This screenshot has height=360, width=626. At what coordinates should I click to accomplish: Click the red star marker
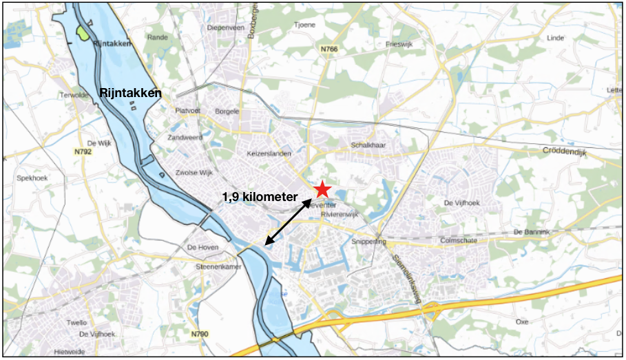click(322, 190)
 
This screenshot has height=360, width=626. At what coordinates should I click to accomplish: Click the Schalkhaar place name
click(368, 146)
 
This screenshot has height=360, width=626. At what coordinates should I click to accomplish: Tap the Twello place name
click(78, 323)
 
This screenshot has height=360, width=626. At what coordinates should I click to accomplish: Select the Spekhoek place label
click(30, 178)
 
